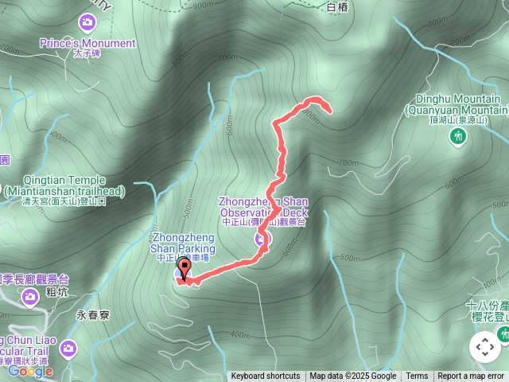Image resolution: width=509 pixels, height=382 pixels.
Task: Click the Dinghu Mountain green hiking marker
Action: click(x=458, y=137)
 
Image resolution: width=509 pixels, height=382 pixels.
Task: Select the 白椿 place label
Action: click(x=338, y=7)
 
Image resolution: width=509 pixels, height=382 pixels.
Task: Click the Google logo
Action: click(x=30, y=370)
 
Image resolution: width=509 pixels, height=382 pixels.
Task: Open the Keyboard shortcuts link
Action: click(x=266, y=376)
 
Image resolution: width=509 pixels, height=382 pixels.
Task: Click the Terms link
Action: click(x=417, y=376)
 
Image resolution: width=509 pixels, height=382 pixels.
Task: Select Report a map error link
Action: click(x=471, y=376)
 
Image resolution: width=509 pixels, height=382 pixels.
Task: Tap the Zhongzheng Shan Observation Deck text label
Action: click(x=262, y=208)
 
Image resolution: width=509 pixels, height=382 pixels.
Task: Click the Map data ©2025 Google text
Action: click(x=353, y=376)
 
